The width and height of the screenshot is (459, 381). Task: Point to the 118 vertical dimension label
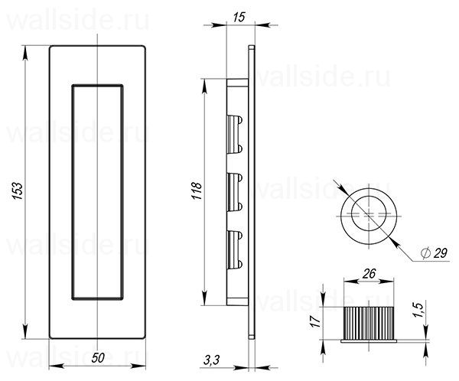tap(195, 190)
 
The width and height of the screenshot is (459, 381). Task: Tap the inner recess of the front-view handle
tap(97, 190)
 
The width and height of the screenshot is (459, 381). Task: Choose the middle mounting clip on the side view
tap(235, 190)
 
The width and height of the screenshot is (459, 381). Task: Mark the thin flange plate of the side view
tap(252, 191)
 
